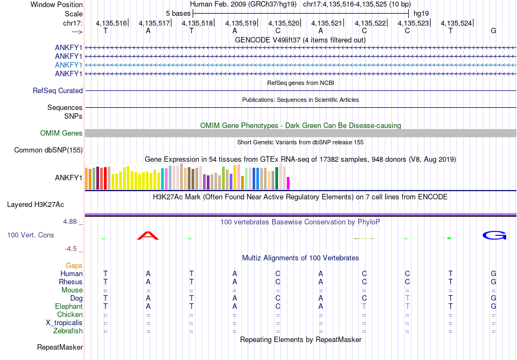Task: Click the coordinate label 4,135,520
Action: (x=284, y=23)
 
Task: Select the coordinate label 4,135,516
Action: (x=111, y=23)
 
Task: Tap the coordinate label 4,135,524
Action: (x=456, y=23)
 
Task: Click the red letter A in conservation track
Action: (x=147, y=235)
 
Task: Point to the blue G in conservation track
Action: (x=494, y=235)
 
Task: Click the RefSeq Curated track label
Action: (x=58, y=91)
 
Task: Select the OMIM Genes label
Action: (x=61, y=133)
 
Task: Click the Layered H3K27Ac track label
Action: (x=35, y=205)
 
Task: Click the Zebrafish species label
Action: (x=68, y=331)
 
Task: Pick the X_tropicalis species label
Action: (x=64, y=323)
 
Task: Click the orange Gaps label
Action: (x=74, y=265)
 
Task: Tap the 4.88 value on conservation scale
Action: (x=71, y=222)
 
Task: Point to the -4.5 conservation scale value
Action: (x=71, y=249)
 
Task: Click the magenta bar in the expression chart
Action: (x=288, y=183)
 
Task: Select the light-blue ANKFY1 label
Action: (x=69, y=65)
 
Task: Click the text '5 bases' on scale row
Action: (x=179, y=13)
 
